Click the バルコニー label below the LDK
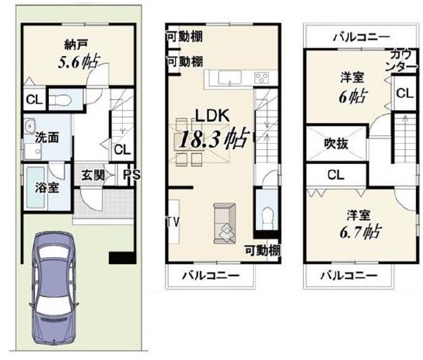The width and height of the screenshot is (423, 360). point(210,276)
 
